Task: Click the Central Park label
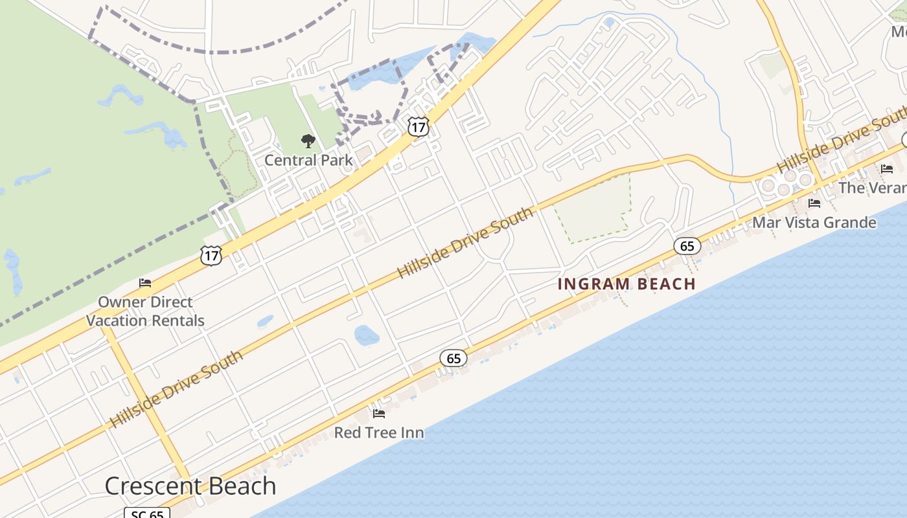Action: click(308, 160)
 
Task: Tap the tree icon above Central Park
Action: click(308, 141)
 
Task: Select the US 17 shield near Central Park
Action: click(419, 126)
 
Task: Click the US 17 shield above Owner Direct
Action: click(211, 255)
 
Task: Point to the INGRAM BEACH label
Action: click(626, 284)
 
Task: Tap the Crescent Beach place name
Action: click(190, 486)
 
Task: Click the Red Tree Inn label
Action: click(379, 433)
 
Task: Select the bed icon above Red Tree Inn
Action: click(379, 413)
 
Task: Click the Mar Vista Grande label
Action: click(814, 223)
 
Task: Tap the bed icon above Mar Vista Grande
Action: click(814, 203)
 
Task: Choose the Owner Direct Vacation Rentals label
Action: click(145, 311)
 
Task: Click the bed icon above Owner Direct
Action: click(145, 283)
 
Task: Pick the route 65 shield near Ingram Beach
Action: click(687, 245)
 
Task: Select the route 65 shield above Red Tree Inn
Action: click(454, 358)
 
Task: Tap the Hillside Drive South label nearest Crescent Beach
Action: click(176, 389)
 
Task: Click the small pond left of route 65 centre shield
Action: click(366, 335)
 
